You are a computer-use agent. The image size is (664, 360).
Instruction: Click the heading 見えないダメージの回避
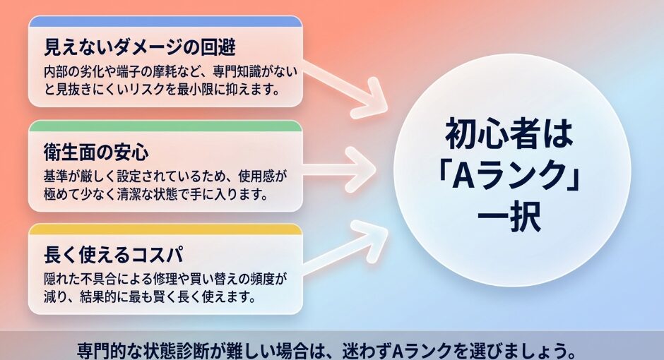140,47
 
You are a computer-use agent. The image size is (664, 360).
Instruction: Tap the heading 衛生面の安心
96,152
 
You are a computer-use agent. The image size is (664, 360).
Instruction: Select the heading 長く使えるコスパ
114,255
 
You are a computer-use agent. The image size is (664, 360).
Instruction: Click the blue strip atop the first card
165,21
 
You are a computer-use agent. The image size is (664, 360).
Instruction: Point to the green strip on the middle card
165,126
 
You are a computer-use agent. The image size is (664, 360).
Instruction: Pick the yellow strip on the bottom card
165,229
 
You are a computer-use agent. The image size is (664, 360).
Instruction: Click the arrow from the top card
345,88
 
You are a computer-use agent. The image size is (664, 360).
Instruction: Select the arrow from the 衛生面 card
339,169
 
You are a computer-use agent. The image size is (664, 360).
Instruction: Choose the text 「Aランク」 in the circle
509,176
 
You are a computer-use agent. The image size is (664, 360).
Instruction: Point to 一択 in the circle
509,216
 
